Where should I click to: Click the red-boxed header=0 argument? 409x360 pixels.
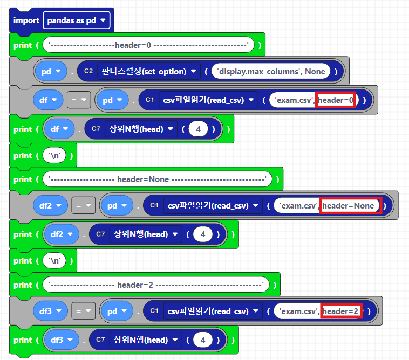[336, 100]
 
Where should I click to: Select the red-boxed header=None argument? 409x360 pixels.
[350, 205]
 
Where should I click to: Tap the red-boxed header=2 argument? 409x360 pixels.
[341, 311]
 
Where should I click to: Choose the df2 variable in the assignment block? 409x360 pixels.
[52, 205]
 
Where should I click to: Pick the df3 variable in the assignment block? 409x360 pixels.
[52, 311]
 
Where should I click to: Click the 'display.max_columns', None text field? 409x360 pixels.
[271, 71]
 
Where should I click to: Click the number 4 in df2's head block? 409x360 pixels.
[203, 234]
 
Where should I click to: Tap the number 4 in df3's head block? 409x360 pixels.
[203, 340]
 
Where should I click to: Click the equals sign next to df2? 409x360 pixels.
[83, 205]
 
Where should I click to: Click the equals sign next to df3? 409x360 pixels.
[83, 311]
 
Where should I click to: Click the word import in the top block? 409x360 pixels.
[26, 20]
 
